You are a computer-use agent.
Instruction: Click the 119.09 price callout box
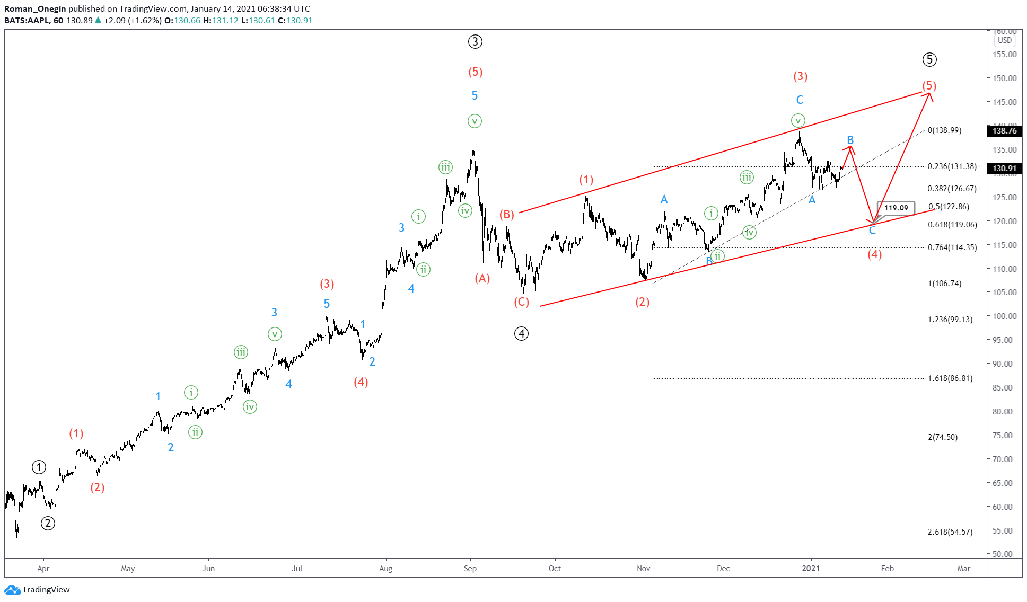click(896, 208)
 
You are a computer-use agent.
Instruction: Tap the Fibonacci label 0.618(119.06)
click(952, 225)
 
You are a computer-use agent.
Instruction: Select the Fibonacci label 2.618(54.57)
click(950, 532)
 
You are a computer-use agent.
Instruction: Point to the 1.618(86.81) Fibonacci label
click(950, 378)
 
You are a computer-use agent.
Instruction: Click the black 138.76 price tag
click(1004, 131)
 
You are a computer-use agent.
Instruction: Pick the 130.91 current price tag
click(1004, 169)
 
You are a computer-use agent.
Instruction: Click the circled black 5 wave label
click(929, 60)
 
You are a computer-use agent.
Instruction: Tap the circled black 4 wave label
click(521, 333)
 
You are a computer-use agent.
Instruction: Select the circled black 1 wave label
click(39, 467)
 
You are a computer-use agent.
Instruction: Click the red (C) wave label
click(521, 302)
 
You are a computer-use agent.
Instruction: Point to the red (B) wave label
click(507, 214)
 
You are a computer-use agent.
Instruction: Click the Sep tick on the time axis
click(470, 569)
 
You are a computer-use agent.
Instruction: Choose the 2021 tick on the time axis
click(810, 569)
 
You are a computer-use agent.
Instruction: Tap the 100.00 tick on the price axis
click(1004, 316)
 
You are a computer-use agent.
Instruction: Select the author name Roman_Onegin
click(35, 8)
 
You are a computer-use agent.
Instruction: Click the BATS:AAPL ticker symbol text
click(27, 21)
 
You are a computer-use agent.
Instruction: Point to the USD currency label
click(1004, 40)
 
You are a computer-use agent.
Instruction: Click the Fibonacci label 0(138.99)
click(944, 130)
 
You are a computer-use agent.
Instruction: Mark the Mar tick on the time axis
click(963, 569)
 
